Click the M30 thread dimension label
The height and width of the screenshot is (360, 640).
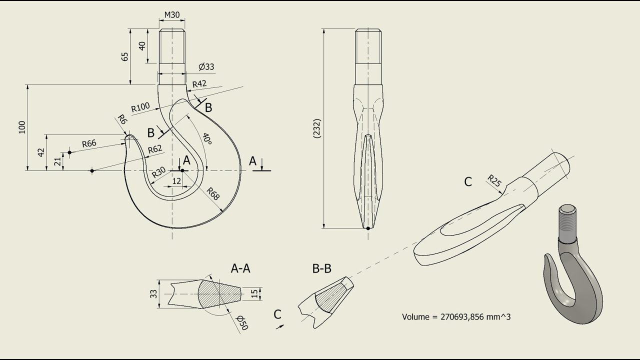[x=172, y=15]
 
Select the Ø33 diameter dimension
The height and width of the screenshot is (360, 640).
[x=206, y=66]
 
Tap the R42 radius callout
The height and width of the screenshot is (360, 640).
[x=199, y=84]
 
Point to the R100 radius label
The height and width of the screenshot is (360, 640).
[x=140, y=107]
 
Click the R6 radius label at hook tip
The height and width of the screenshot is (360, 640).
[x=122, y=119]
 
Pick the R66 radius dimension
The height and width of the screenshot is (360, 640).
[x=89, y=143]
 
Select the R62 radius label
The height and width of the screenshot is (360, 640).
[x=155, y=149]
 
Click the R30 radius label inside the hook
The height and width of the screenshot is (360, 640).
[x=158, y=172]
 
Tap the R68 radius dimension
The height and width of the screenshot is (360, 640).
[x=213, y=193]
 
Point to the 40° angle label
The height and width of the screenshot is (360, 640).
[x=207, y=138]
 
